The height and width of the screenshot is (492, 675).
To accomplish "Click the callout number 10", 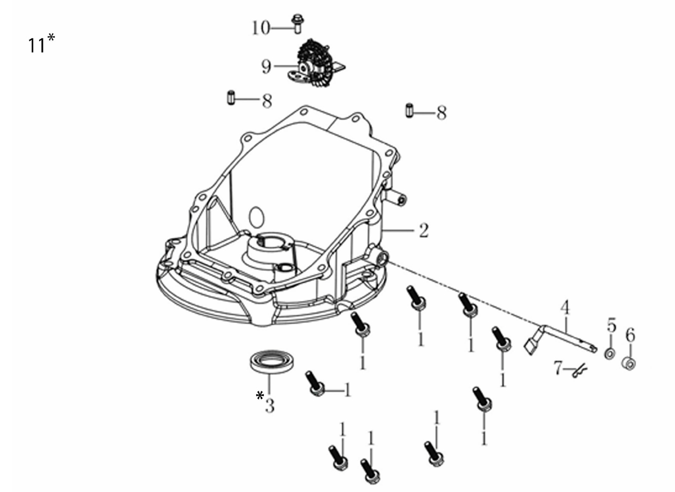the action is coord(261,28).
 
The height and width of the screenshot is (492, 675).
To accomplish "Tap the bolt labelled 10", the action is coord(297,24).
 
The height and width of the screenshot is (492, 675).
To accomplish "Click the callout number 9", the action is coord(267,66).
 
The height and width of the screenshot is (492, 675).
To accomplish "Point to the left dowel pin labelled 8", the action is coord(231,97).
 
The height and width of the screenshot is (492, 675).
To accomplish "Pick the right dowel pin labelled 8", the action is coord(409,111).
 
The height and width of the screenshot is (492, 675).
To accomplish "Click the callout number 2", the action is coord(424,231).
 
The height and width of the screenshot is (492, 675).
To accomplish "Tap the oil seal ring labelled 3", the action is coord(272,362).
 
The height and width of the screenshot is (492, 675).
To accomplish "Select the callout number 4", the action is coord(565,308).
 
